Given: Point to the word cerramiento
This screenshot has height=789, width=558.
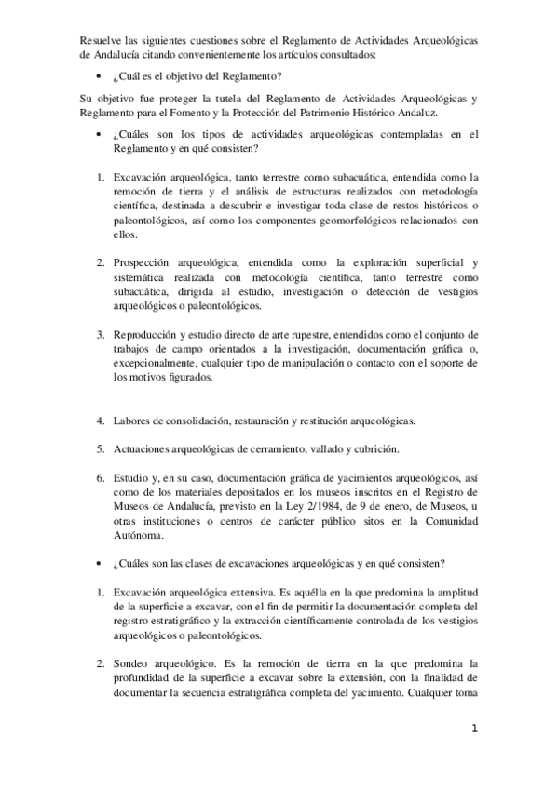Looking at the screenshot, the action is click(x=276, y=450).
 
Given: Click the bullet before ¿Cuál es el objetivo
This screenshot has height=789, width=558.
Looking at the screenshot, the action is click(x=101, y=74).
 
